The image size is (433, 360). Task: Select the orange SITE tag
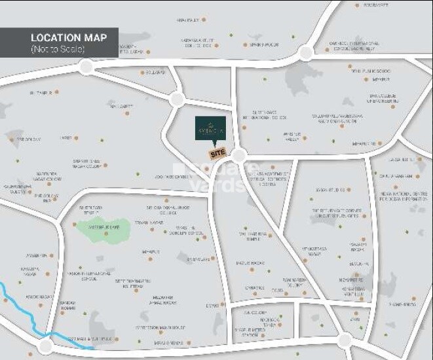(217, 153)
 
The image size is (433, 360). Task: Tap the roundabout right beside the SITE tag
(238, 155)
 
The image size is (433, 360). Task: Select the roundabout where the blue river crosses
(45, 346)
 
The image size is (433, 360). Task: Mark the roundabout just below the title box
(86, 66)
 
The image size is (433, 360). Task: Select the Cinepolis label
(255, 287)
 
